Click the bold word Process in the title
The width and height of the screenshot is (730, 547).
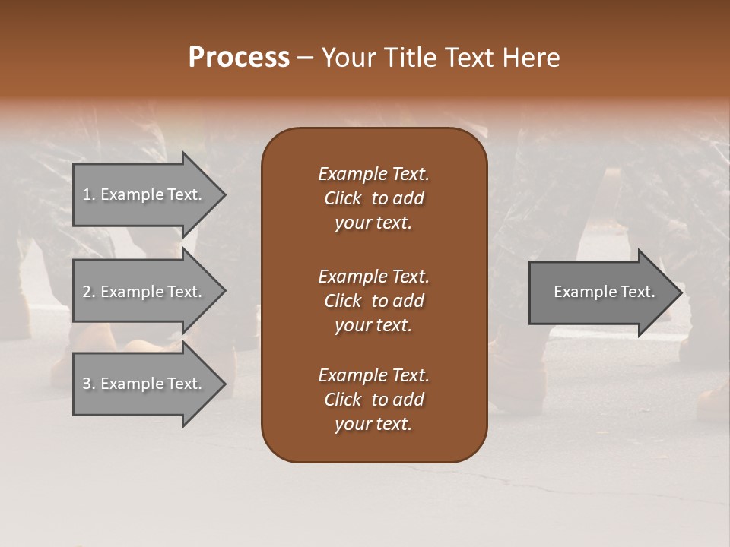tap(239, 58)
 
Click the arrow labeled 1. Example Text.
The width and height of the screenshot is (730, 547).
tap(142, 194)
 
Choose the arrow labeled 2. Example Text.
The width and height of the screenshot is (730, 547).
tap(142, 292)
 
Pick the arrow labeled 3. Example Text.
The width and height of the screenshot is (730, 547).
tap(142, 384)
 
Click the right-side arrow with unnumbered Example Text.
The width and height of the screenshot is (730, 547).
tap(604, 292)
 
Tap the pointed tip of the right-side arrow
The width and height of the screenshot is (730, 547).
tap(680, 292)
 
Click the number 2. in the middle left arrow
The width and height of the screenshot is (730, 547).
tap(89, 292)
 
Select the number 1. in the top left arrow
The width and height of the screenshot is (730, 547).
tap(89, 194)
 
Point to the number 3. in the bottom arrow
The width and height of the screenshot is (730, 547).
tap(89, 384)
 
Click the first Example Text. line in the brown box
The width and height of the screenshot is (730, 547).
tap(373, 174)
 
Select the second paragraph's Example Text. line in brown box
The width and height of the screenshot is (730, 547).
tap(373, 276)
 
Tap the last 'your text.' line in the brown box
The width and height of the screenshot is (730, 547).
tap(373, 424)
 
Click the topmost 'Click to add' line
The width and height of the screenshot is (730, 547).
tap(373, 198)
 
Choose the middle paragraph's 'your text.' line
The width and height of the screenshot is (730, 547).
tap(373, 325)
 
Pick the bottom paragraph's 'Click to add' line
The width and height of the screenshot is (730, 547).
tap(373, 400)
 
